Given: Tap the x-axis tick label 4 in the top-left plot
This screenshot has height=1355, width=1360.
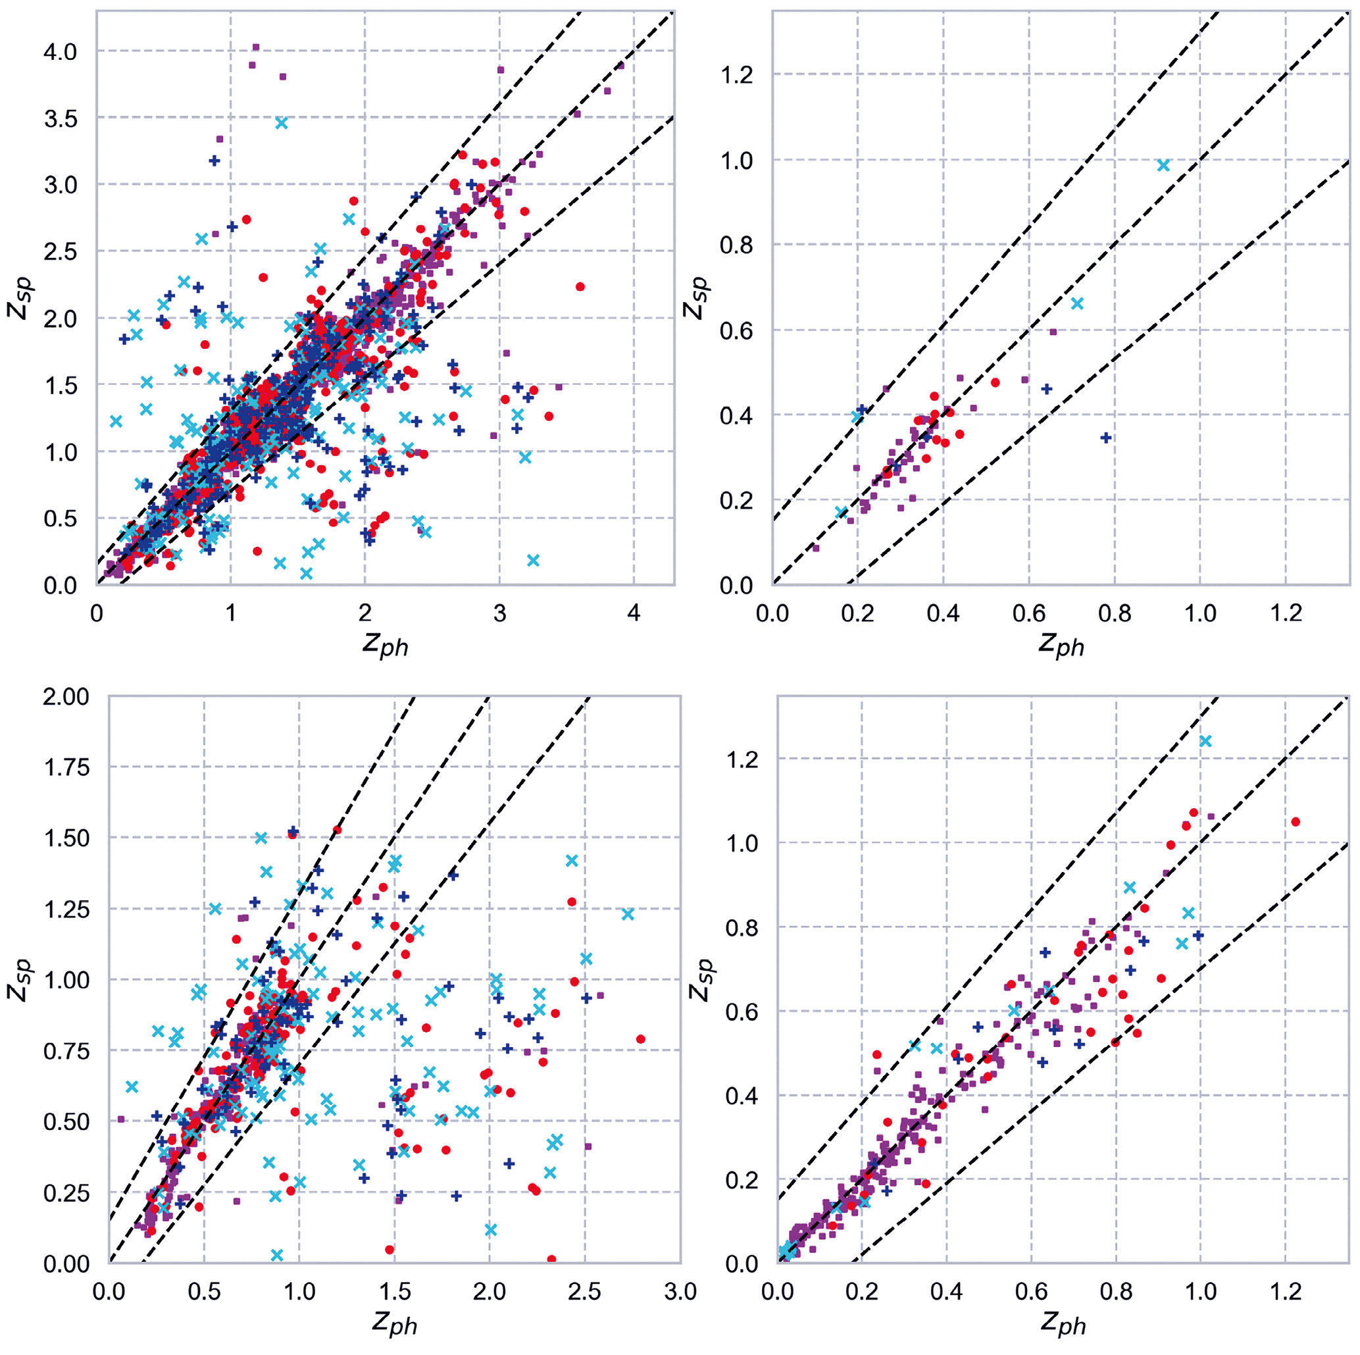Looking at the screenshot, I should [634, 614].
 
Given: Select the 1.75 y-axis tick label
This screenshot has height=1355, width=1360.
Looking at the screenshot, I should [67, 767].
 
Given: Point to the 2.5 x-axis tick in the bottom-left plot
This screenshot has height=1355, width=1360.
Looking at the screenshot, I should [585, 1292].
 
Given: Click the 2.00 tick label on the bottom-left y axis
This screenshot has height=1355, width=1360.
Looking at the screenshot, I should [67, 696].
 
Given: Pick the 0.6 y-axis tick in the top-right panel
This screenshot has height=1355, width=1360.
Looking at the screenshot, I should [736, 331].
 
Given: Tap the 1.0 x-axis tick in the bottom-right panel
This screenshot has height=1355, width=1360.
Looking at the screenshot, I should [1200, 1292].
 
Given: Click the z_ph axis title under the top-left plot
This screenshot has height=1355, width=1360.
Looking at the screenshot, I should [385, 644].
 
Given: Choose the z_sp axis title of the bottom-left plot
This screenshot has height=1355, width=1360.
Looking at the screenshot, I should [19, 979].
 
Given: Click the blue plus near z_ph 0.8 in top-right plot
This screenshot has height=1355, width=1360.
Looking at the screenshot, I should [1106, 438].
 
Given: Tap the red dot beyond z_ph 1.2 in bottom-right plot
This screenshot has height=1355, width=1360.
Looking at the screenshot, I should [1296, 822].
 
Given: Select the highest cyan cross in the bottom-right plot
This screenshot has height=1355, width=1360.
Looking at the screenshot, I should [1205, 740].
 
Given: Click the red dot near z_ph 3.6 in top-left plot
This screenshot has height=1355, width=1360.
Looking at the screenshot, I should [580, 286].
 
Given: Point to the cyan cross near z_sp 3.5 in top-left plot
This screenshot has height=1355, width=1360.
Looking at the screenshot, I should [282, 122].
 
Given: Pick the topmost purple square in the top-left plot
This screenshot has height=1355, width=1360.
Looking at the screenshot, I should [256, 47].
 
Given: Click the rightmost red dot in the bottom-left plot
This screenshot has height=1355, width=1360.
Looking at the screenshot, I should [641, 1039].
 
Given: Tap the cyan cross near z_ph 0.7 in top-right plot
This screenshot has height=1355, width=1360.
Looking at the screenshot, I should [1077, 303].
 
